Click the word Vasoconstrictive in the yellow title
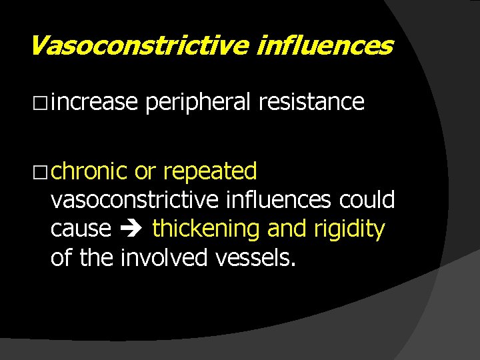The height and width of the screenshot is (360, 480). point(137,46)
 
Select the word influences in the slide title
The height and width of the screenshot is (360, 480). point(325,46)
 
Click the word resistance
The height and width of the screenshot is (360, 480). point(311,102)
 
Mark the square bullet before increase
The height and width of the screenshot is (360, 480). point(41,103)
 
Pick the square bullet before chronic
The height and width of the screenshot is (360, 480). point(41,172)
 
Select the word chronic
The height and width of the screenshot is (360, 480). point(89,171)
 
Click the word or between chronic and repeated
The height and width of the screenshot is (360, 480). point(145,172)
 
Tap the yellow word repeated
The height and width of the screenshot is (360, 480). point(210,172)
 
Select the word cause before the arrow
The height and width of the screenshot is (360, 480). point(81,229)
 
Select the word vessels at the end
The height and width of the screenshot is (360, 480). point(251,257)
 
